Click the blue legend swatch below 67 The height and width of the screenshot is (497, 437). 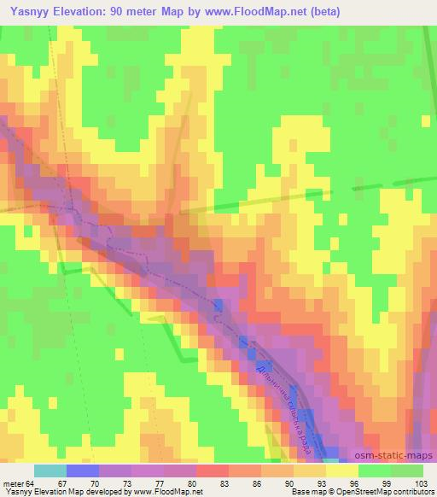click(x=82, y=470)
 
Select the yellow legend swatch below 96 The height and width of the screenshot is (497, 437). click(x=341, y=470)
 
